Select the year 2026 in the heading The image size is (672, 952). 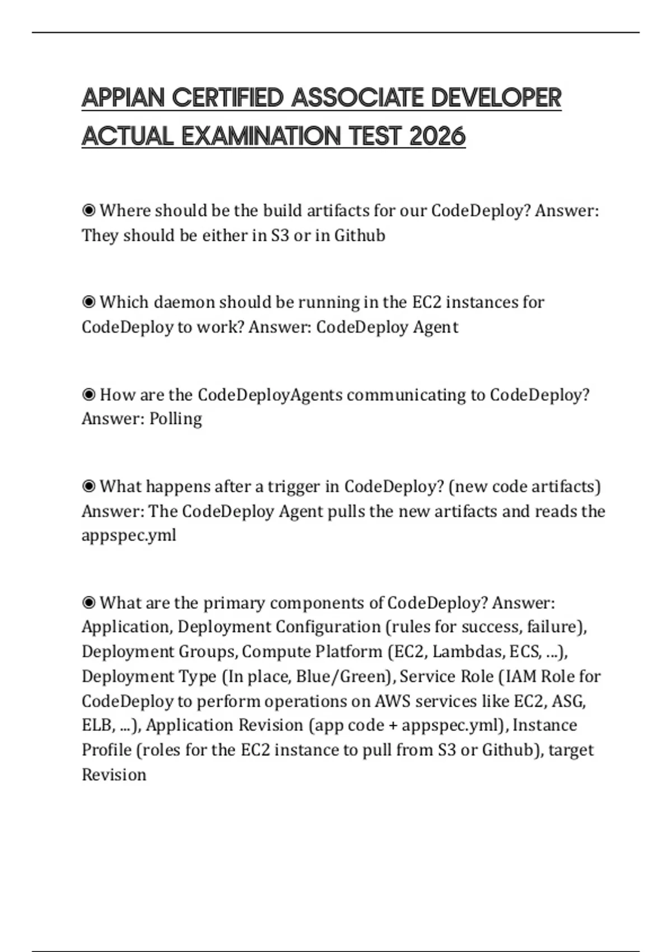[437, 136]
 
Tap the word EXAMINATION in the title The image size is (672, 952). [262, 136]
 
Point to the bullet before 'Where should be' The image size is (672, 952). [88, 211]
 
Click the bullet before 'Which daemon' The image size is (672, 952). [88, 302]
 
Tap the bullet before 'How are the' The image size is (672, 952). [88, 395]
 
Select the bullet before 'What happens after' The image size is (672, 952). [88, 487]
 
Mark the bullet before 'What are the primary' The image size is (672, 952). [88, 603]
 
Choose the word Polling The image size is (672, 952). [175, 419]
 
